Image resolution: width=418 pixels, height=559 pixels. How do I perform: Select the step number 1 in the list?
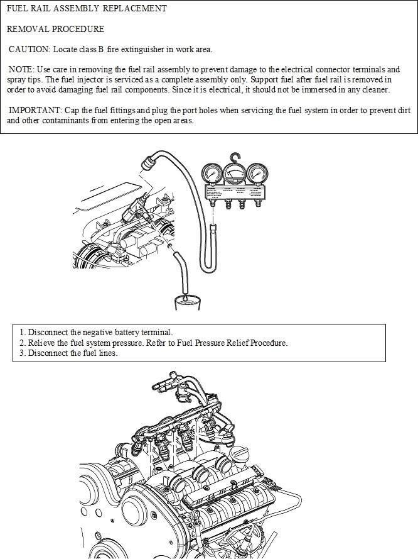pos(21,332)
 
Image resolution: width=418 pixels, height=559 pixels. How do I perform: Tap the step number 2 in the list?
pos(21,343)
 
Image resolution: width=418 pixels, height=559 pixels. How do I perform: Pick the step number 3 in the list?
pos(21,353)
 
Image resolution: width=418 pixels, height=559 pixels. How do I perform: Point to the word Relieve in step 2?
pos(42,343)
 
